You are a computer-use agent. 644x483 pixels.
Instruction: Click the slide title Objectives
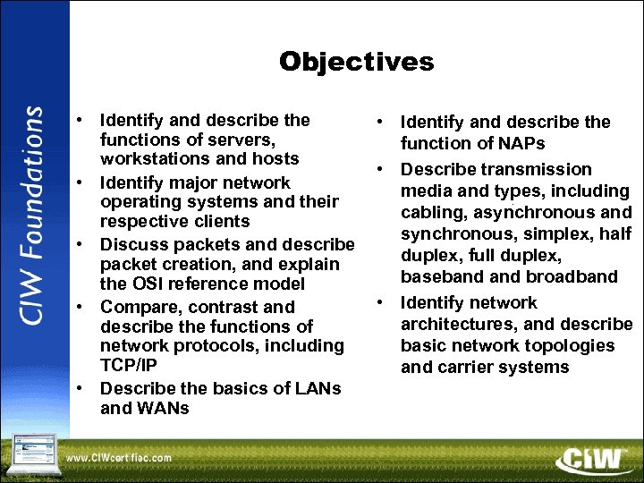[x=356, y=62]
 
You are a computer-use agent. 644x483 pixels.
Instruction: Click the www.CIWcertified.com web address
[x=118, y=457]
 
